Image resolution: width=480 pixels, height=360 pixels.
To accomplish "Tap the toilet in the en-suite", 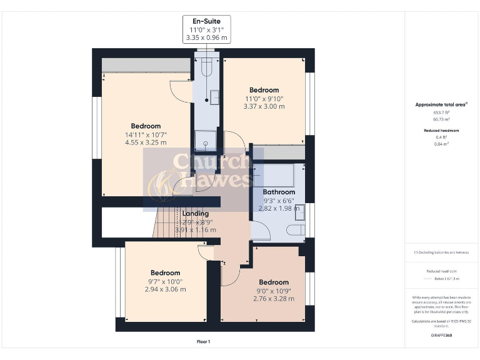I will (x=206, y=67).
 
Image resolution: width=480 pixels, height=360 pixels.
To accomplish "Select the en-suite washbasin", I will (x=214, y=97).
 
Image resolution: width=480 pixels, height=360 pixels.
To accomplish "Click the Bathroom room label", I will (x=279, y=192).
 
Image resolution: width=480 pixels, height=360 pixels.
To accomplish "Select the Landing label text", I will (x=196, y=214).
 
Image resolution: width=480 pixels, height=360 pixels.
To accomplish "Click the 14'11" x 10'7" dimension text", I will (x=145, y=134).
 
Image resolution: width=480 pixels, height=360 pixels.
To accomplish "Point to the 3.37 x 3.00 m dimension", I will (x=264, y=106).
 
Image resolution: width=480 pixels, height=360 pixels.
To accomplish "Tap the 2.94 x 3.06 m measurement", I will (x=165, y=289).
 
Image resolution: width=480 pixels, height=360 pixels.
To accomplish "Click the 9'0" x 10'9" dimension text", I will (x=274, y=291).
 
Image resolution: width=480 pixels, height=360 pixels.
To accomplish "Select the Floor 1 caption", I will (x=203, y=342).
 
